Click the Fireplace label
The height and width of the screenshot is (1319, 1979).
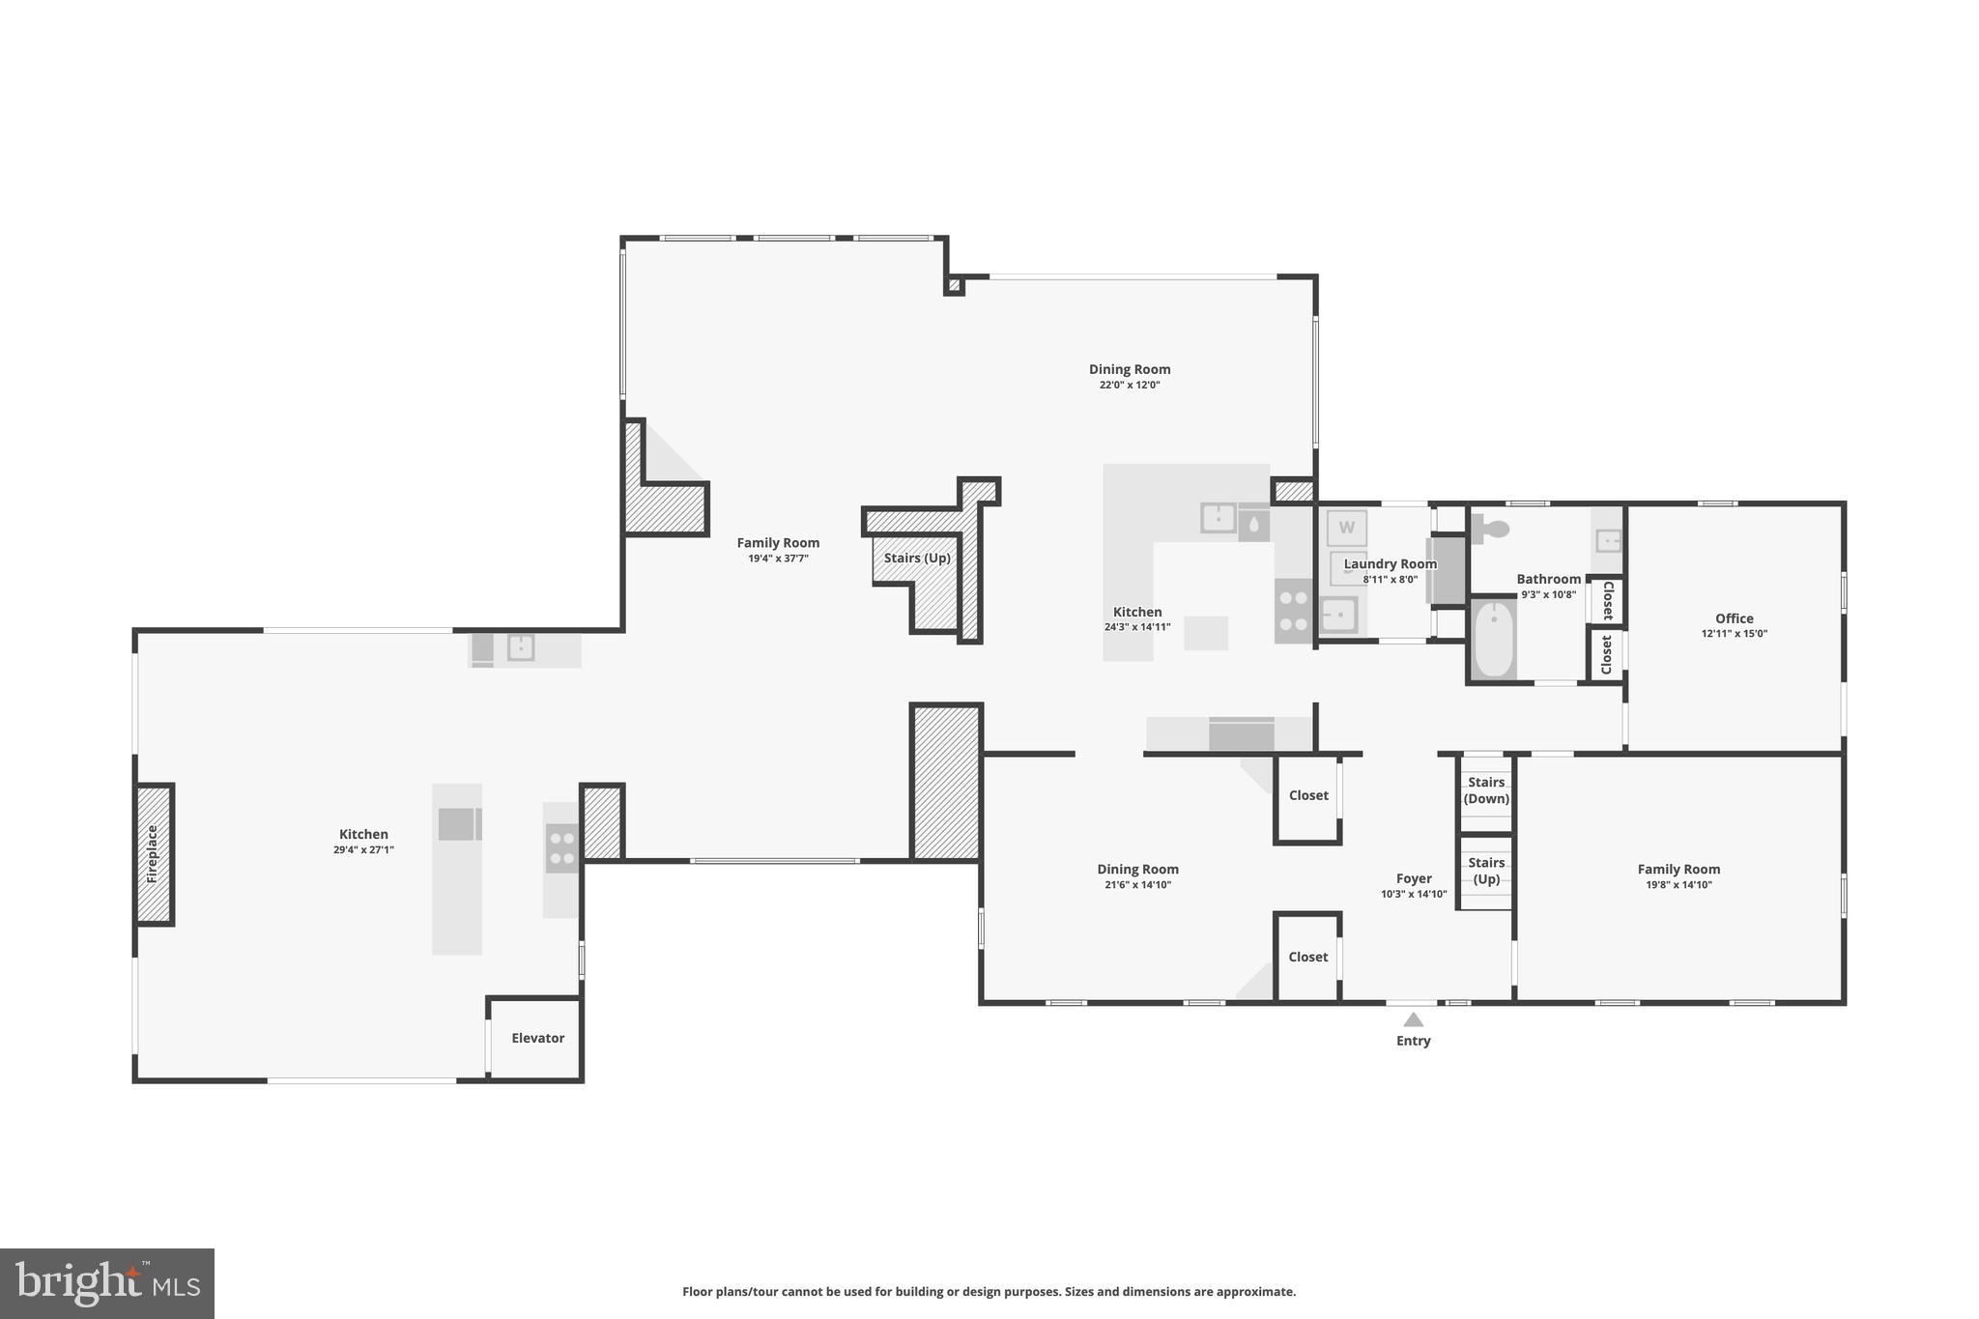(153, 854)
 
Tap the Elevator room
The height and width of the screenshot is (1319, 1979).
(537, 1038)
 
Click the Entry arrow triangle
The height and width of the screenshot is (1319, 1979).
(1413, 1019)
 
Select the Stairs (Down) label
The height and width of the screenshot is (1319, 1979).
(1485, 790)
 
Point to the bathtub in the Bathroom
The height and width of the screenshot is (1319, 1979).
(1494, 639)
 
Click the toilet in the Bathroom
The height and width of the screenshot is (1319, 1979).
(1492, 530)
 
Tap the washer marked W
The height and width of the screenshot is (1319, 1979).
(1346, 529)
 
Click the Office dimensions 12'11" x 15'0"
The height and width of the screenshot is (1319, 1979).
(1734, 634)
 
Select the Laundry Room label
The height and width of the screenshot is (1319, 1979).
(1390, 564)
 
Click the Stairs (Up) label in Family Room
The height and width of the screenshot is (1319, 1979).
(917, 559)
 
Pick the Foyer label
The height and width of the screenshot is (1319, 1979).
(1413, 878)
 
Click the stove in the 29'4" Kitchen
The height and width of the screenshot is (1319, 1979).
(561, 848)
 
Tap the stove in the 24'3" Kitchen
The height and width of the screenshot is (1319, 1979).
(1293, 611)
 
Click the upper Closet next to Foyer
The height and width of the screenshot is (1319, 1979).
(1307, 795)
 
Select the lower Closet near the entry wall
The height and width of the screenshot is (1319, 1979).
(1307, 957)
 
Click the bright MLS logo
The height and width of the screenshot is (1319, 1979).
(107, 1283)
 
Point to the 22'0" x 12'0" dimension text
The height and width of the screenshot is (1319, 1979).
(1129, 385)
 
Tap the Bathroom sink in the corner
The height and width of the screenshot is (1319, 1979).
(1607, 540)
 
